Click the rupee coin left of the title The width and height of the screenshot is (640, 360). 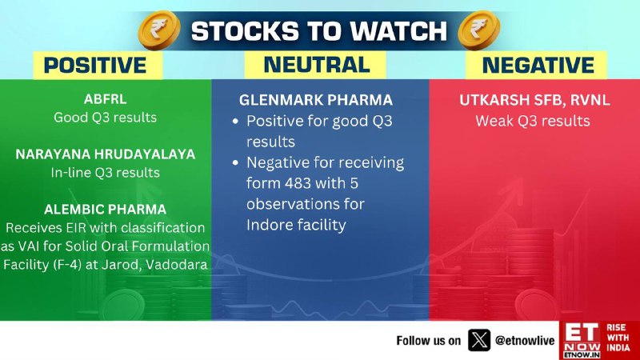click(159, 30)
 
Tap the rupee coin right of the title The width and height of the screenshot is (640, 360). click(478, 30)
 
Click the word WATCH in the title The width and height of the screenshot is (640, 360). click(398, 31)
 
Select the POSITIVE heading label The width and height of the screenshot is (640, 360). click(95, 66)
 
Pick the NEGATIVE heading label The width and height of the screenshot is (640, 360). click(538, 66)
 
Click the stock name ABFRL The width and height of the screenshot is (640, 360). click(106, 99)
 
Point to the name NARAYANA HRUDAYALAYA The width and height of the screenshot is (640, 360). click(106, 154)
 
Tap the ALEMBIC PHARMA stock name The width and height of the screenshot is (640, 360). click(106, 210)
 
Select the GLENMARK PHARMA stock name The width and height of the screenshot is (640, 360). click(315, 100)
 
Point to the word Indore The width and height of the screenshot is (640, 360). click(268, 225)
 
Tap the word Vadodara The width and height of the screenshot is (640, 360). click(177, 265)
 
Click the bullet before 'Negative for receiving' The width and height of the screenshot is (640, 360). click(235, 163)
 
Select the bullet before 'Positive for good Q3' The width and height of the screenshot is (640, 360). click(235, 122)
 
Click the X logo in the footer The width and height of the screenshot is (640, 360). click(478, 340)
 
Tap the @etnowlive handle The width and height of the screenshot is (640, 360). click(525, 341)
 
